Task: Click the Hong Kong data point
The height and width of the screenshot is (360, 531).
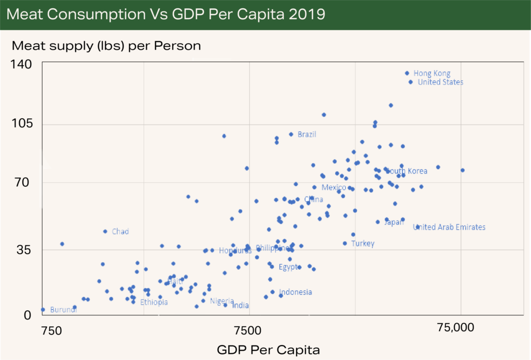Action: click(407, 73)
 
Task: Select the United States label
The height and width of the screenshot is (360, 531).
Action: click(440, 82)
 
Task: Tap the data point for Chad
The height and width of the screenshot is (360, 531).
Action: click(105, 231)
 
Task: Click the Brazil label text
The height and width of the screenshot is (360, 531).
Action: click(306, 134)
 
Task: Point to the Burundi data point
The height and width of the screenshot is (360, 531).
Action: click(43, 310)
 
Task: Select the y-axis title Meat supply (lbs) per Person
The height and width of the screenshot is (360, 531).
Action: click(106, 46)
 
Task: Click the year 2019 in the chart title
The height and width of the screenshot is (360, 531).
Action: click(306, 14)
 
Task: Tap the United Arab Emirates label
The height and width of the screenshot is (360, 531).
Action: click(449, 227)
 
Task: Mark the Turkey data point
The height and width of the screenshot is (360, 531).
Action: click(345, 243)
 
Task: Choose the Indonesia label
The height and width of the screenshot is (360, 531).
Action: click(296, 292)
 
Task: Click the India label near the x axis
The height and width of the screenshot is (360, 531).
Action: click(240, 306)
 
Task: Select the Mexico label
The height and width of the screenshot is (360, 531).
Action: click(333, 187)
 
